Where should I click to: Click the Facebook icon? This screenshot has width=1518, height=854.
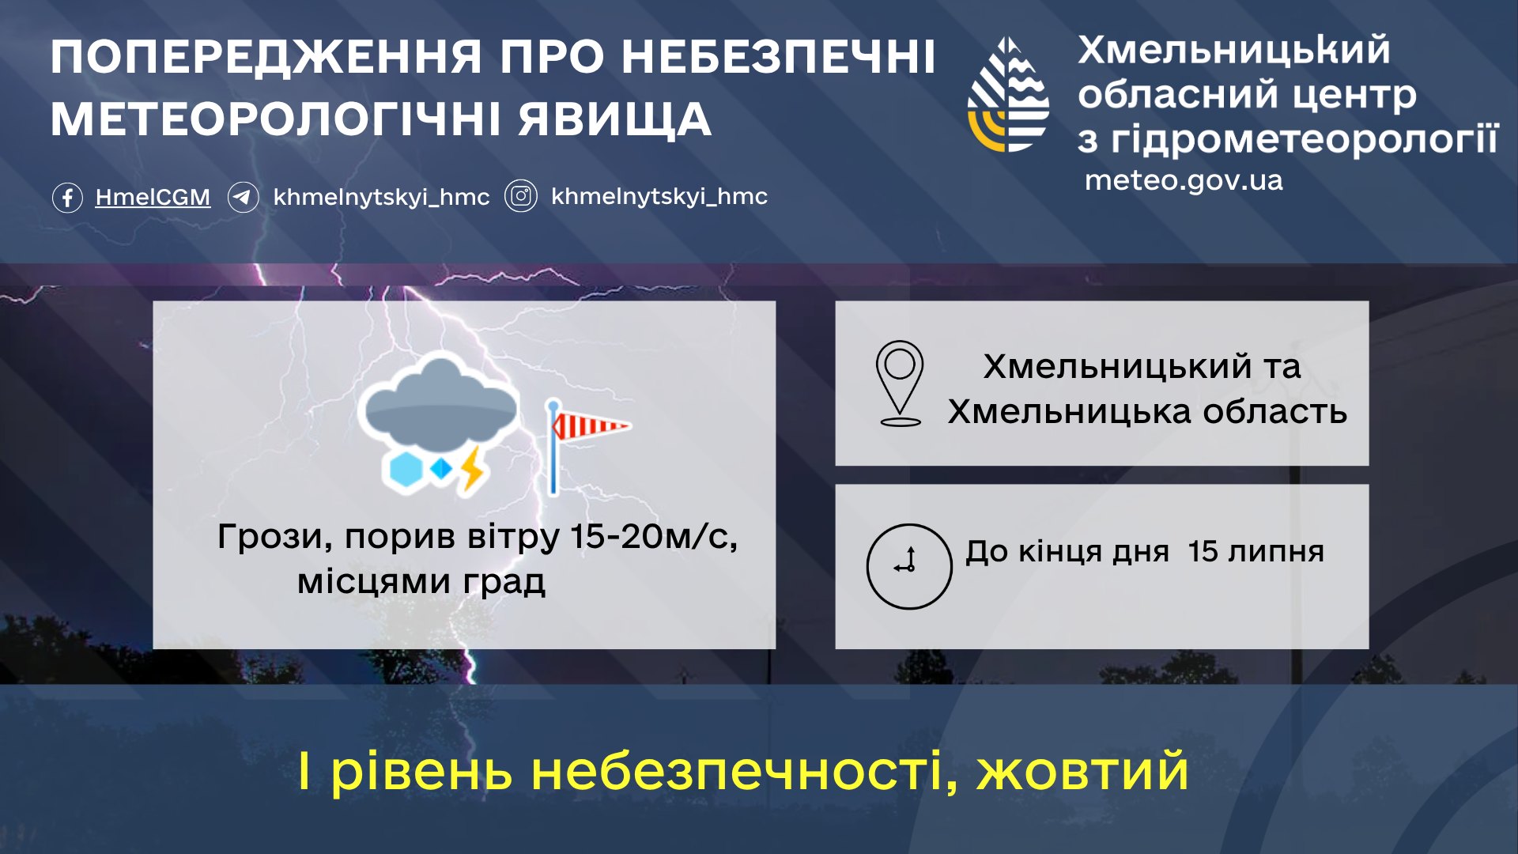click(67, 197)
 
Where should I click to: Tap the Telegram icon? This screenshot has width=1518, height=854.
click(244, 197)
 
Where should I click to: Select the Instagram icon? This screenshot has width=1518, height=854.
click(521, 196)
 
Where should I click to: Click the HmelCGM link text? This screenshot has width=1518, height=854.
click(153, 197)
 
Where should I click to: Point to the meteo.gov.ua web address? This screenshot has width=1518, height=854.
click(1184, 180)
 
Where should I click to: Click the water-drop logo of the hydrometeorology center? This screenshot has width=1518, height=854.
click(1009, 94)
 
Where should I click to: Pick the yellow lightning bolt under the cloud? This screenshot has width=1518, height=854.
click(472, 468)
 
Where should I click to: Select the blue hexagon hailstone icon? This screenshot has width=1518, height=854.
click(406, 469)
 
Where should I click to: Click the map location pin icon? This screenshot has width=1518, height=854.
click(900, 384)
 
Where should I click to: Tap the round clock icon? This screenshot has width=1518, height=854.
click(909, 566)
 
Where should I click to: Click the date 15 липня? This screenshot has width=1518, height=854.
click(1256, 551)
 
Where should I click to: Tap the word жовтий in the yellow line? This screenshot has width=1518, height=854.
click(1082, 771)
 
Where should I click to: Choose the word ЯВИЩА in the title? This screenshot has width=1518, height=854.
click(615, 119)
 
